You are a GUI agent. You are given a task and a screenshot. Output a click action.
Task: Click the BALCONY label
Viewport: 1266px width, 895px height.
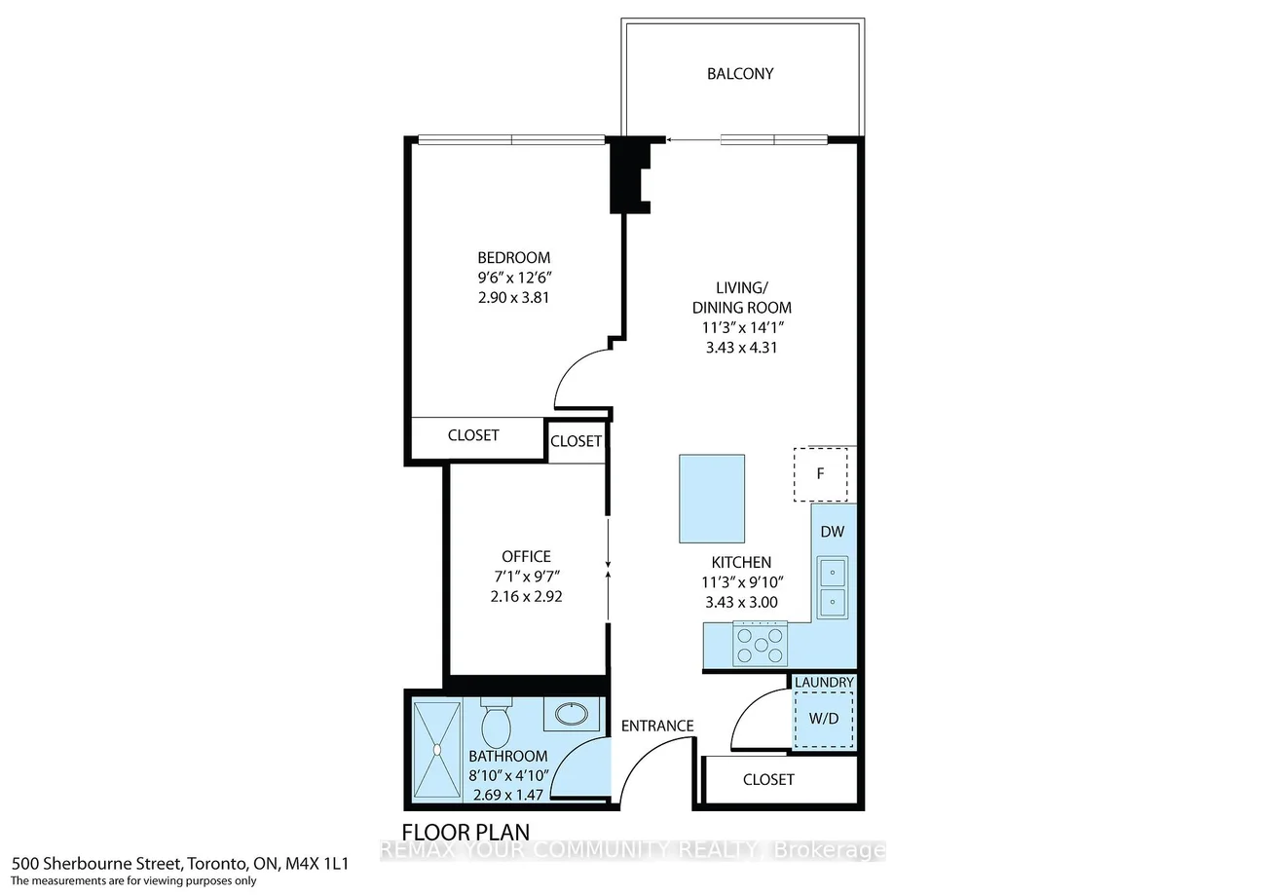pyautogui.click(x=740, y=73)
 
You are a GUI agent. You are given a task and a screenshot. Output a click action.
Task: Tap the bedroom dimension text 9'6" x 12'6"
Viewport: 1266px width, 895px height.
pyautogui.click(x=514, y=278)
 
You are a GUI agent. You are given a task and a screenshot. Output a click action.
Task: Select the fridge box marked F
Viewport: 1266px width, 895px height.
pyautogui.click(x=821, y=474)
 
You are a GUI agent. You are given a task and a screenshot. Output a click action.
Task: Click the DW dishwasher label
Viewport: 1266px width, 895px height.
pyautogui.click(x=832, y=531)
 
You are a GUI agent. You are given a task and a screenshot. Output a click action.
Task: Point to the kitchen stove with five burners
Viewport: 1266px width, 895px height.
pyautogui.click(x=761, y=643)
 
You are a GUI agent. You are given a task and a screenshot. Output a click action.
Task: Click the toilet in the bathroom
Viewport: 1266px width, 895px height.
pyautogui.click(x=497, y=723)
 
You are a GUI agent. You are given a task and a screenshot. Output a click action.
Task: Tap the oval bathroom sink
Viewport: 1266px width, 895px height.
pyautogui.click(x=572, y=714)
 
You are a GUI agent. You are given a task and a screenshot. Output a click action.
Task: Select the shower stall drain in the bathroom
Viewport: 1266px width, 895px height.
pyautogui.click(x=437, y=749)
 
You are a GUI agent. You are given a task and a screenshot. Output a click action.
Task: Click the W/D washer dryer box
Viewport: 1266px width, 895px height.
pyautogui.click(x=824, y=720)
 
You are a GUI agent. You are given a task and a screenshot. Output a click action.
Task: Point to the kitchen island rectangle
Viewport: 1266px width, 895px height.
pyautogui.click(x=712, y=499)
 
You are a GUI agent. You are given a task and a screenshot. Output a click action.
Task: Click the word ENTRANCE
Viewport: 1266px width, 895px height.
pyautogui.click(x=657, y=726)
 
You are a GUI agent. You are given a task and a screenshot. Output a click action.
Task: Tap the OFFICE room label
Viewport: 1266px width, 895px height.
pyautogui.click(x=526, y=556)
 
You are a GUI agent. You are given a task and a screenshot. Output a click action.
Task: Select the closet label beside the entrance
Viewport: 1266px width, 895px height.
pyautogui.click(x=768, y=780)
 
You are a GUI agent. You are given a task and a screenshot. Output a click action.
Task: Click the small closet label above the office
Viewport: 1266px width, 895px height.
pyautogui.click(x=576, y=441)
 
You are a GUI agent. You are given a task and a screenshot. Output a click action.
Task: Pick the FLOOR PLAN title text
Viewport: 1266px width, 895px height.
pyautogui.click(x=465, y=833)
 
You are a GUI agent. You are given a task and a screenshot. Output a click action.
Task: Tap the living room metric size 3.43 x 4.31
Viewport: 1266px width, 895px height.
pyautogui.click(x=741, y=348)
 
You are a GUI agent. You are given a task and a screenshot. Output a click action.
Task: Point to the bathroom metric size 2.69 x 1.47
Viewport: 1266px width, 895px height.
pyautogui.click(x=508, y=795)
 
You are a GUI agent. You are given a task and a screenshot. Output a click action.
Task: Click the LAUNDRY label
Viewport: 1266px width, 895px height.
pyautogui.click(x=824, y=682)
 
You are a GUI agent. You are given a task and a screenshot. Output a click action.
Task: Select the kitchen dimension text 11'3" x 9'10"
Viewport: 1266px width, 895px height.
pyautogui.click(x=741, y=582)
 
